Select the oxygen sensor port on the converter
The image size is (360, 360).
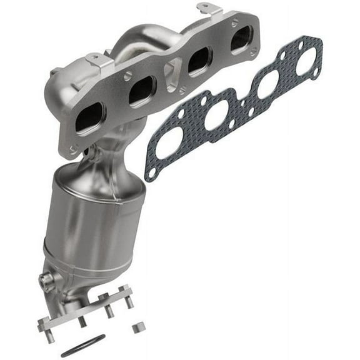coord(47,281)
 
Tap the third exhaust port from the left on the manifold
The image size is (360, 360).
coord(198,61)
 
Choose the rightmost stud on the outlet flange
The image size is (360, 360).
coord(129,303)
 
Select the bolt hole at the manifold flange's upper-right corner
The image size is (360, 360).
coord(253,22)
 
